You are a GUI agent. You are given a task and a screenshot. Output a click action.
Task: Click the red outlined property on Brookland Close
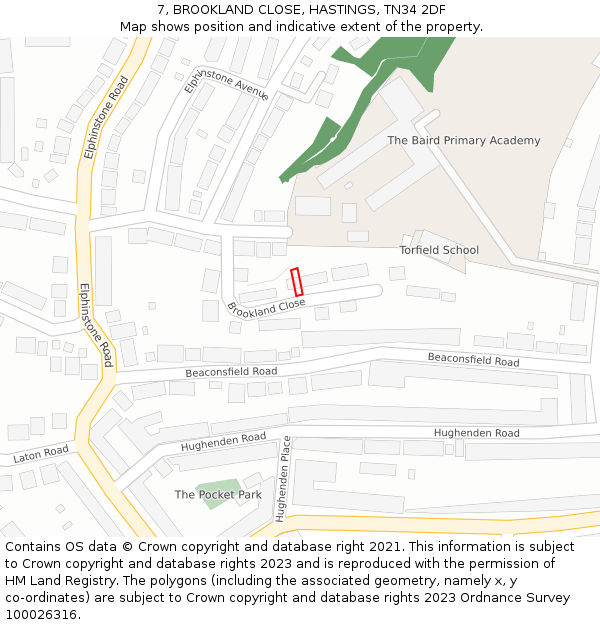[x=296, y=282]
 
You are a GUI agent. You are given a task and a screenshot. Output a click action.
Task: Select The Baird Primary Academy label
[x=463, y=141]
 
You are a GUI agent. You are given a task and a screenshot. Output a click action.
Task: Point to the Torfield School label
[x=439, y=250]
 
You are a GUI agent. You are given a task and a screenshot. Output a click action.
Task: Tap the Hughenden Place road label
[x=283, y=479]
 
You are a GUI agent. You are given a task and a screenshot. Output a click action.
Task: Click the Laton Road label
[x=41, y=455]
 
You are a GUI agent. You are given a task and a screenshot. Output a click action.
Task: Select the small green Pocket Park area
[x=217, y=492]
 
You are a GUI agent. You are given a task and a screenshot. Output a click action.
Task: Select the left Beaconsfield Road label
[x=231, y=372]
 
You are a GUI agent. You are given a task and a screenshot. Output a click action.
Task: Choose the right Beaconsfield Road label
[x=473, y=359]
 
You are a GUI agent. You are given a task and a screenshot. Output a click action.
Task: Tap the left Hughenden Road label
[x=224, y=441]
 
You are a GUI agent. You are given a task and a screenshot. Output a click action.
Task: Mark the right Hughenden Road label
[x=476, y=433]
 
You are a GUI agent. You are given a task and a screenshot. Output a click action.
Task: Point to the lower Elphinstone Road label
[x=95, y=325]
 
